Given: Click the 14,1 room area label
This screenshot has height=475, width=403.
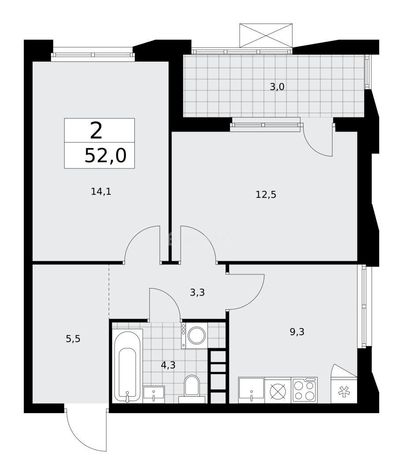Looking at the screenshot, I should tap(100, 191).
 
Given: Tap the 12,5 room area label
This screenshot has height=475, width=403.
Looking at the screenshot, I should tap(266, 194).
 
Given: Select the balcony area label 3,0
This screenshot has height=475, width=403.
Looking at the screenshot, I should tap(277, 87).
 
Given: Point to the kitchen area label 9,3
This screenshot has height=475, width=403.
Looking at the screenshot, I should tap(297, 332).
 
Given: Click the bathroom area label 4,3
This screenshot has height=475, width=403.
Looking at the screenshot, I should tap(168, 365).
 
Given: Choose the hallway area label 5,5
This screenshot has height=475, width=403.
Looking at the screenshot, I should tap(73, 339).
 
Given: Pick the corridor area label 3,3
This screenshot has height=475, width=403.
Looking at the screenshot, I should tap(197, 292).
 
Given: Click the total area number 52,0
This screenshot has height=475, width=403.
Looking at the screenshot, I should tap(105, 156).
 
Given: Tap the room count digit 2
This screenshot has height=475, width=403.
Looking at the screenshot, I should tap(96, 130).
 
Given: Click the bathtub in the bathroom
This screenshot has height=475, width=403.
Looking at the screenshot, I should tap(128, 366).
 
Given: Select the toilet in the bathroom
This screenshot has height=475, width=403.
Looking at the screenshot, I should tap(192, 387).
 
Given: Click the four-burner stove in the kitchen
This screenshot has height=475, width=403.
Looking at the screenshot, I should tap(304, 390).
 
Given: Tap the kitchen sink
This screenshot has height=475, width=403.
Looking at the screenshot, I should tap(251, 390).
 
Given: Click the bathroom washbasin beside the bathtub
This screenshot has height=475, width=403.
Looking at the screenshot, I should tap(154, 394).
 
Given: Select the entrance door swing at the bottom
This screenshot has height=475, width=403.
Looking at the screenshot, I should tap(86, 429).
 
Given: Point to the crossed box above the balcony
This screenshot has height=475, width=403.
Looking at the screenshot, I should tap(266, 34).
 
